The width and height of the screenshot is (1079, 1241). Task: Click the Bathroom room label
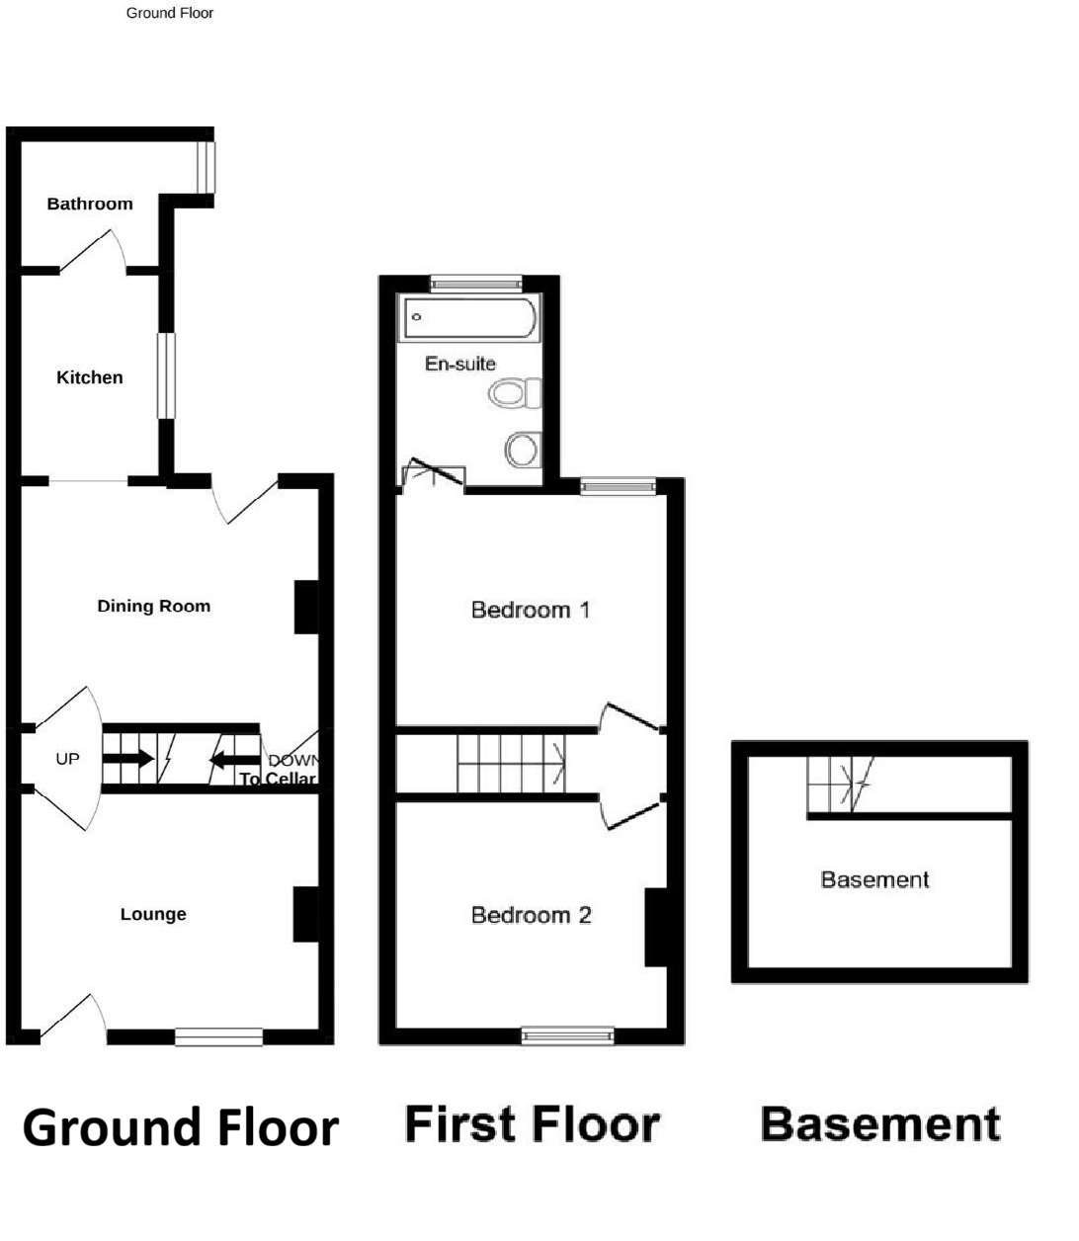(x=90, y=204)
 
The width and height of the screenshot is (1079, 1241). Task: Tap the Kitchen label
(x=90, y=377)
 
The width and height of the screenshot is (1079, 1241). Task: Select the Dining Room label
(x=153, y=606)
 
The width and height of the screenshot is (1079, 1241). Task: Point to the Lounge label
(x=153, y=914)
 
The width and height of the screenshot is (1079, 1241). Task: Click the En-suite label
(x=460, y=364)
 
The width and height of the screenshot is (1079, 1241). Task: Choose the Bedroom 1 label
(x=531, y=610)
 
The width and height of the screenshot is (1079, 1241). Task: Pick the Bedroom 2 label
(x=531, y=915)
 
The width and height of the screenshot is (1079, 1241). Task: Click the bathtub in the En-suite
(x=469, y=317)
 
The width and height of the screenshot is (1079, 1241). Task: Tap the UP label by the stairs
(x=67, y=759)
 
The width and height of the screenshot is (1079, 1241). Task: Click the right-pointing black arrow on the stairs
(x=128, y=759)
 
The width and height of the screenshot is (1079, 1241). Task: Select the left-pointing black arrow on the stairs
(x=234, y=760)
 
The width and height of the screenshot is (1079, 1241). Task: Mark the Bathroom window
(x=205, y=168)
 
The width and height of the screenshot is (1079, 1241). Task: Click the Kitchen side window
(x=166, y=375)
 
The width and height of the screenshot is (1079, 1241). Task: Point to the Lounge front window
(x=219, y=1036)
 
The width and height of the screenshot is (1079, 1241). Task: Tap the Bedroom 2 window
(x=568, y=1035)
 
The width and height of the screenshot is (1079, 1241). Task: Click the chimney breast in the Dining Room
(x=306, y=607)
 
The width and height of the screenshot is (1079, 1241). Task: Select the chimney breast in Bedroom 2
(x=656, y=927)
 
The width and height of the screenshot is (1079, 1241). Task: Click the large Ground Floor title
(x=180, y=1127)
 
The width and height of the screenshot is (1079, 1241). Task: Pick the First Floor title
(x=533, y=1124)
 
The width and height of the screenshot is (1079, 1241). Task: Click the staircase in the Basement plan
(x=840, y=784)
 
